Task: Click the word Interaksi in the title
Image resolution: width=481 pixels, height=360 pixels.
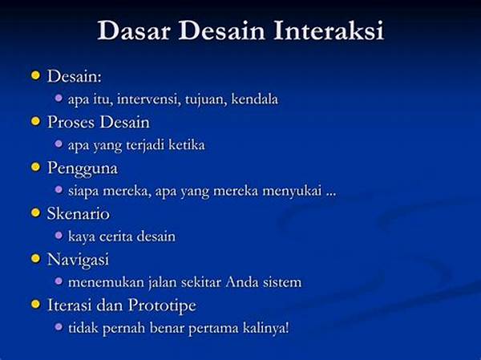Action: point(329,30)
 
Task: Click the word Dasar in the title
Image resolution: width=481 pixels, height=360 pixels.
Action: point(134,30)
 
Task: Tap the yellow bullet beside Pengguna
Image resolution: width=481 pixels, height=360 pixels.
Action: point(36,167)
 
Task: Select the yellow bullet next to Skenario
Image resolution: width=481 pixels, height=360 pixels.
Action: point(36,212)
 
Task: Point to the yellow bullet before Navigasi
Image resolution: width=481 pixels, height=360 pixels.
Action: point(36,258)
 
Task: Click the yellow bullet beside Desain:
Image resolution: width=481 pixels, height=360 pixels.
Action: point(36,75)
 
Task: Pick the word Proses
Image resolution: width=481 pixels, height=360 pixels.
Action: point(71,122)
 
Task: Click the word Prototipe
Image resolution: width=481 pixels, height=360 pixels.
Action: point(162,305)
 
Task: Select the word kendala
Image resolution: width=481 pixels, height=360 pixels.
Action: point(255,99)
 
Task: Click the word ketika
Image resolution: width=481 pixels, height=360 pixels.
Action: point(187,145)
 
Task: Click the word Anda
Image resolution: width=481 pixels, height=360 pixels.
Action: point(242,282)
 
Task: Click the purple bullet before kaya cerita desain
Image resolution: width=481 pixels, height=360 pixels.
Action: point(59,236)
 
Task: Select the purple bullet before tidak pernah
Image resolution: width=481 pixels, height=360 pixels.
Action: point(59,327)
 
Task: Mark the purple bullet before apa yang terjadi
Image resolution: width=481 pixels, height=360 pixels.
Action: point(59,144)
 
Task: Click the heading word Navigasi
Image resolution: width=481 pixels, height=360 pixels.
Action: point(78,260)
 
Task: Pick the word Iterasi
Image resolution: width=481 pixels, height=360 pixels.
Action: point(70,305)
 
